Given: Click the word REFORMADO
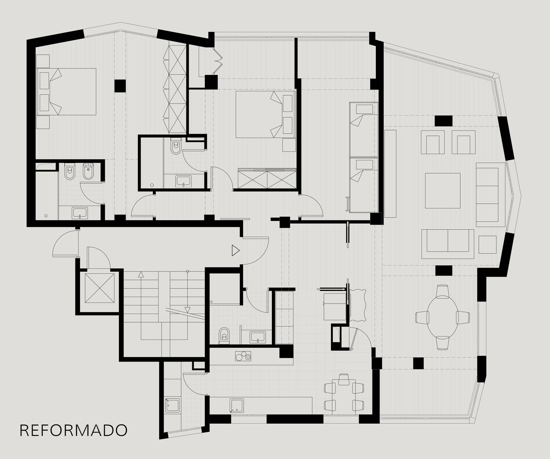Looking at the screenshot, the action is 74,430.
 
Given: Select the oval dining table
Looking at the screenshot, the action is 443,317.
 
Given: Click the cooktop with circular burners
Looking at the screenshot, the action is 243,356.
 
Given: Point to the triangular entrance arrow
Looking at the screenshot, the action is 235,250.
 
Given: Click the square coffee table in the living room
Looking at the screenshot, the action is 443,191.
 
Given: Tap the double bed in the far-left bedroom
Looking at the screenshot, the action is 66,92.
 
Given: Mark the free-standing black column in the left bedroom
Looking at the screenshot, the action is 120,86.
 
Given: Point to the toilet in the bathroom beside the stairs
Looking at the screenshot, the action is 224,335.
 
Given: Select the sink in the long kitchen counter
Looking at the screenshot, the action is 237,406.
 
